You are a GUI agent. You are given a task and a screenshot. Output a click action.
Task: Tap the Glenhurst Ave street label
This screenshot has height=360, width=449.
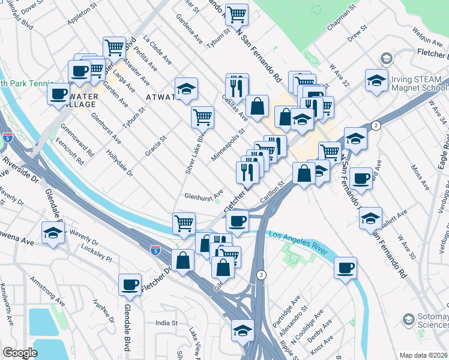point(204,194)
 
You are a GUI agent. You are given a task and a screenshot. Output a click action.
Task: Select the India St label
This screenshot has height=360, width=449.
point(167,323)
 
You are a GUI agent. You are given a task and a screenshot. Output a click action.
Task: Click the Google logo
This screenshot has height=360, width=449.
point(20,353)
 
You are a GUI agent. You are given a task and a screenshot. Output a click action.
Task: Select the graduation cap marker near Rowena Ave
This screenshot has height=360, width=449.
point(53,232)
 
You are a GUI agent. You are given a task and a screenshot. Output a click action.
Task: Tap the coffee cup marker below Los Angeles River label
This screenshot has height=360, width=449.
point(346,267)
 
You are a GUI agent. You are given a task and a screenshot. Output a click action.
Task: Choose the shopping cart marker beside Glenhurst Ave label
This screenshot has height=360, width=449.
point(184,223)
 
